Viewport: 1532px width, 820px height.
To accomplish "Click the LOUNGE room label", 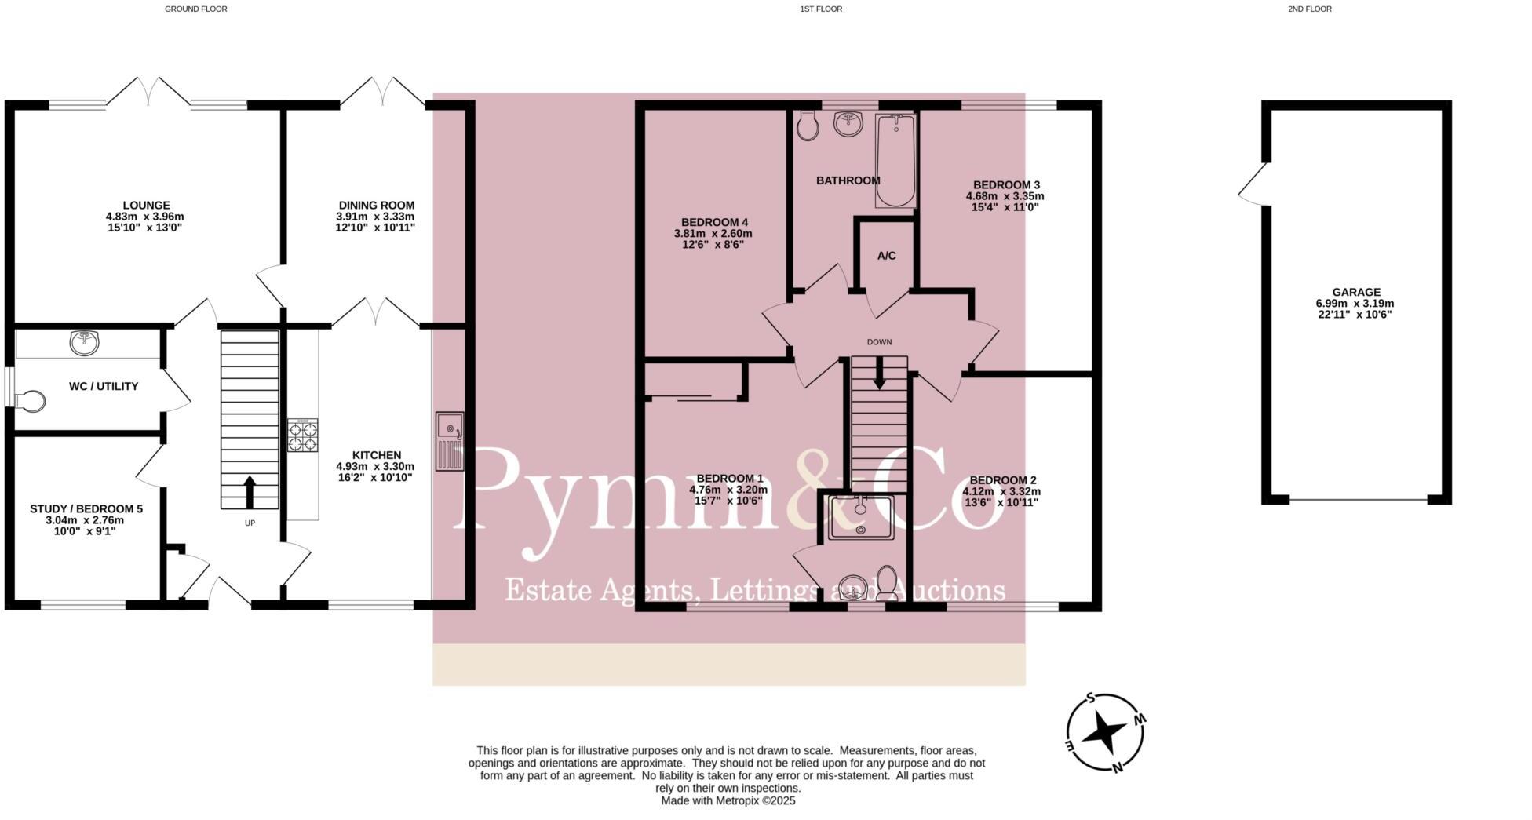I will tap(146, 206).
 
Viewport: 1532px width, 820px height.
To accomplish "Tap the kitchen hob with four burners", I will tap(303, 436).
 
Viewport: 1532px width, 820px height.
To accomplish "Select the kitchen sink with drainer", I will tap(450, 441).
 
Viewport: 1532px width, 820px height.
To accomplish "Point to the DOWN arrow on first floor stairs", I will tap(879, 373).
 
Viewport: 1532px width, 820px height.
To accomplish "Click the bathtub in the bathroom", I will tap(895, 160).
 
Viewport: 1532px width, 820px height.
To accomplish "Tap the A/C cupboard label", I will tap(886, 256).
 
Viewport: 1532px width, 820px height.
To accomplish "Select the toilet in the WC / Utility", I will tap(31, 401).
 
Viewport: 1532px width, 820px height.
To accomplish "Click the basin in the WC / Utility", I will tap(84, 342).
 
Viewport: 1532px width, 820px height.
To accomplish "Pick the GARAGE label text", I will tap(1355, 292).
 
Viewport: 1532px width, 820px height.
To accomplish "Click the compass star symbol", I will tap(1105, 733).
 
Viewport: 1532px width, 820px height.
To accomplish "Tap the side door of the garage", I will tap(1252, 185).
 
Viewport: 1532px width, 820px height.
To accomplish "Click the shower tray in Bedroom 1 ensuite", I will tap(861, 517).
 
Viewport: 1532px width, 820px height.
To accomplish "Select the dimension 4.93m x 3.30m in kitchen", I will tap(375, 466).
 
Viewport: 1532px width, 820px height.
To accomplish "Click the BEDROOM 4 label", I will tap(714, 222).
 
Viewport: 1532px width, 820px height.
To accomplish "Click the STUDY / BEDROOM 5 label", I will tap(86, 508).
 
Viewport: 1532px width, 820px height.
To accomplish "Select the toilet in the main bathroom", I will tap(806, 126).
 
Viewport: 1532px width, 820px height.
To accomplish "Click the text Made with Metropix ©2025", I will tap(728, 801).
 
